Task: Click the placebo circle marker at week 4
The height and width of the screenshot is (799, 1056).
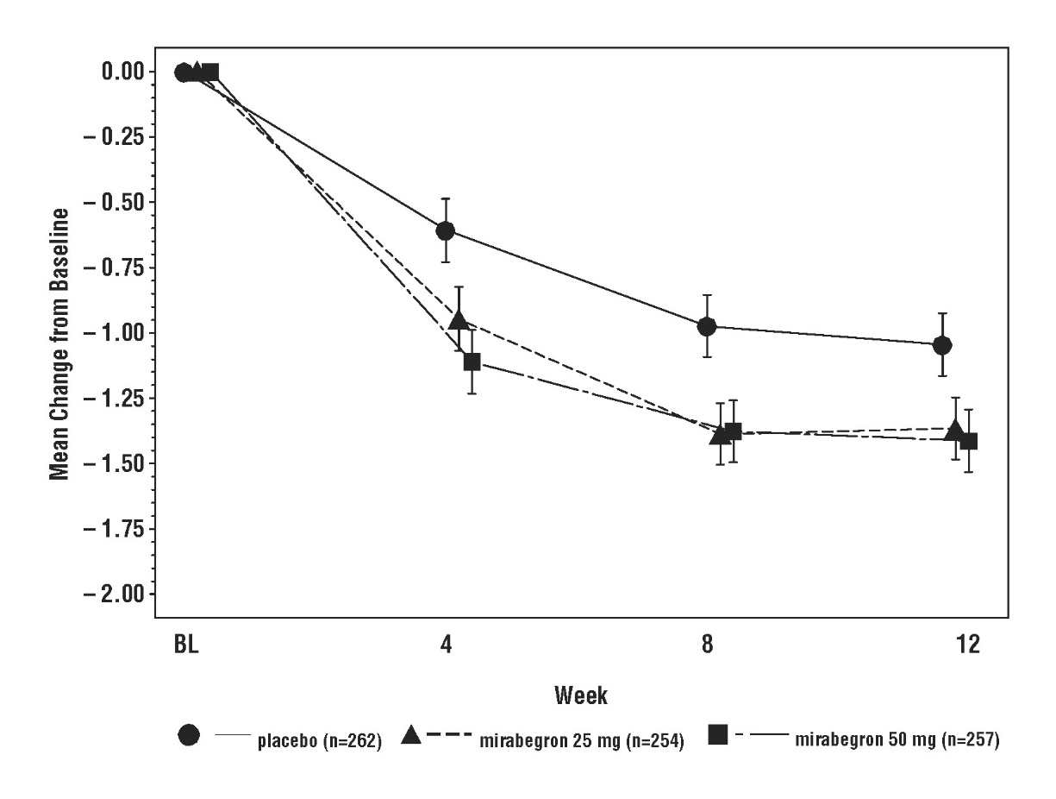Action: [x=446, y=230]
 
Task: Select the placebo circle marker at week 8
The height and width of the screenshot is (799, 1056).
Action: [x=707, y=326]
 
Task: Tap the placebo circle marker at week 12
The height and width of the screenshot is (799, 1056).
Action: [x=942, y=345]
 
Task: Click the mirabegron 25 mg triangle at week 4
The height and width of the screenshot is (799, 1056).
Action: [x=459, y=320]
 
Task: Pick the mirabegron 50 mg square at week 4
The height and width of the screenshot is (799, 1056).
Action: [x=472, y=362]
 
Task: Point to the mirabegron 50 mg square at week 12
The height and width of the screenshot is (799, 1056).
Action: [x=969, y=441]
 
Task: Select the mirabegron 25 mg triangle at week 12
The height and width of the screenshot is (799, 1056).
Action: [x=955, y=429]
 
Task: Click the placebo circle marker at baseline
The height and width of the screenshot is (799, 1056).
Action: [x=183, y=72]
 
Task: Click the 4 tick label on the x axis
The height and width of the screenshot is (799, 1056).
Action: [x=446, y=645]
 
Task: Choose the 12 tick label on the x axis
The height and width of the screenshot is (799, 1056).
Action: [x=968, y=645]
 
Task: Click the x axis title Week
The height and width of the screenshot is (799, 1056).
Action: [x=581, y=695]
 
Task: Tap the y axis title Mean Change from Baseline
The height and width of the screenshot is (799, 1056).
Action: [x=59, y=345]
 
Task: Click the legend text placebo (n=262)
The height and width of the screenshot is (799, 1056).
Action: [x=318, y=739]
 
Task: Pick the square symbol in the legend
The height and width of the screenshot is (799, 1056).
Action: [x=717, y=735]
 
